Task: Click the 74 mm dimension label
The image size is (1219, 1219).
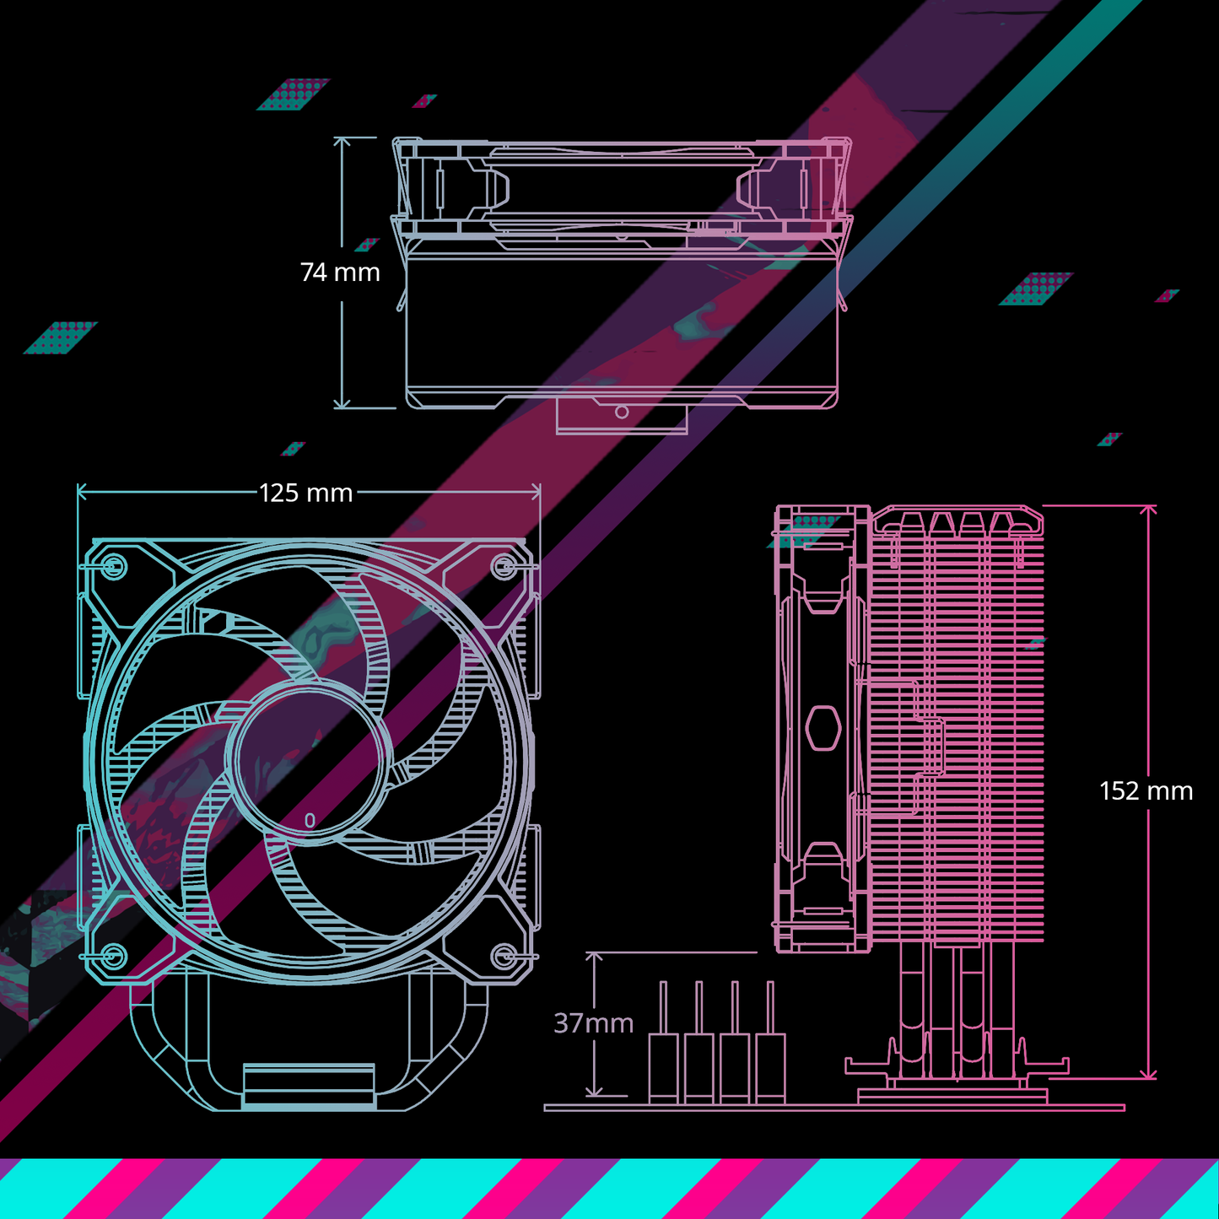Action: coord(340,272)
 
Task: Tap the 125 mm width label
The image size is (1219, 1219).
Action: coord(305,493)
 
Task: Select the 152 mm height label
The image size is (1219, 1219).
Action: coord(1146,790)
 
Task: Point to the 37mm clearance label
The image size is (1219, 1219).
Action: coord(593,1023)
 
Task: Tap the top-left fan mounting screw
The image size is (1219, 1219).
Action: coord(113,566)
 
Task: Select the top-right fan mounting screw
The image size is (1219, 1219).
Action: coord(504,566)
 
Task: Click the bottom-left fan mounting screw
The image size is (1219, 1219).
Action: coord(112,956)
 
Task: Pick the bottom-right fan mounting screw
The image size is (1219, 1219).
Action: coord(504,956)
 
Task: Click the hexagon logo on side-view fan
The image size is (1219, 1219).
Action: coord(823,727)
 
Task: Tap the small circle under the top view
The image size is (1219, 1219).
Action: coord(622,412)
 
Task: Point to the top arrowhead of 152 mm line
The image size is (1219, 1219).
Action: coord(1148,510)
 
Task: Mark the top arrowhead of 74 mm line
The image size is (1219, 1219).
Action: coord(342,141)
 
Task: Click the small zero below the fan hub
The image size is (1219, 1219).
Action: coord(310,820)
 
